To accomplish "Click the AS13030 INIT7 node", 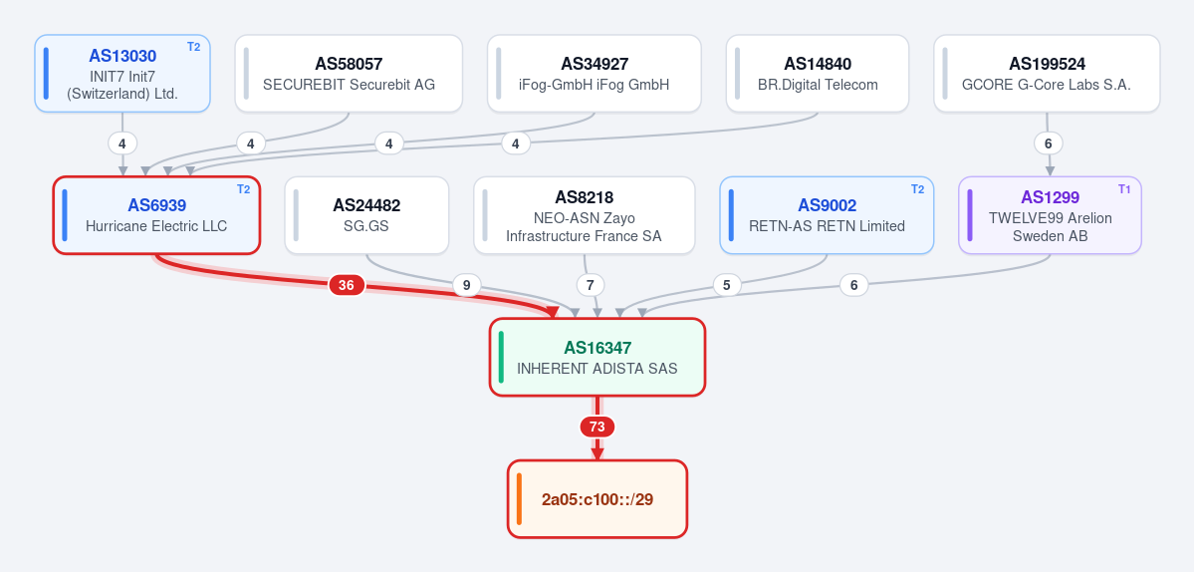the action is (x=121, y=73).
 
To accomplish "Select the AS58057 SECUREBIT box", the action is (x=349, y=73).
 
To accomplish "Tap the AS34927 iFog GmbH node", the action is (x=594, y=73).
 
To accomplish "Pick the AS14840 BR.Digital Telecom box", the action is (x=817, y=73).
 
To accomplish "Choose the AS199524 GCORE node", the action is (x=1047, y=73).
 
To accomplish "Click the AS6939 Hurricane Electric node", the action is (x=156, y=215).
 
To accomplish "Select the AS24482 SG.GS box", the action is (x=366, y=215).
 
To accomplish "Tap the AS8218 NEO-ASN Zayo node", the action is (x=585, y=215).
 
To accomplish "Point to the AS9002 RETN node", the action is (x=827, y=215).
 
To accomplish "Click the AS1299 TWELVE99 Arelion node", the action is (x=1050, y=215).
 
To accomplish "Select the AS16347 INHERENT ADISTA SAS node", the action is (x=597, y=357).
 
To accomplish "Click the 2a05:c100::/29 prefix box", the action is (x=597, y=499).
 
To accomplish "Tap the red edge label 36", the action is (x=347, y=286).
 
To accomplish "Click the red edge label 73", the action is (x=597, y=427).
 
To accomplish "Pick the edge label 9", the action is (x=467, y=286).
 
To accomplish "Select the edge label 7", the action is (x=591, y=286).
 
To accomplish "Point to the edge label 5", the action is (x=726, y=286).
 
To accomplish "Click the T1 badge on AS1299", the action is (x=1124, y=189).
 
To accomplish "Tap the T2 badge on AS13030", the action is (x=193, y=47).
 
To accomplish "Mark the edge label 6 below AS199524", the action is (x=1048, y=143).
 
